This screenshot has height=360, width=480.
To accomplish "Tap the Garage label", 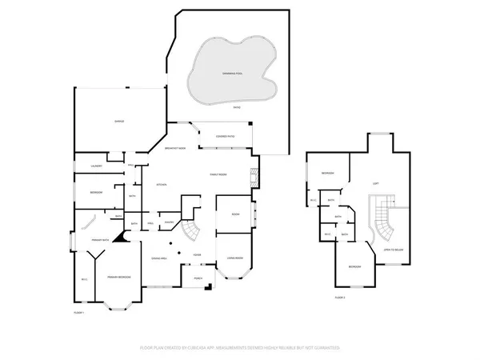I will coord(118,122).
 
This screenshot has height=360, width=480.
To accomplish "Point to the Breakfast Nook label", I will coord(174,149).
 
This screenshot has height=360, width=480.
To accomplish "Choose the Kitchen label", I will coord(159,185).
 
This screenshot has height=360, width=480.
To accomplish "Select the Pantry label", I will coord(169,222).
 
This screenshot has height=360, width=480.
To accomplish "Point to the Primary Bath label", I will coord(99,240).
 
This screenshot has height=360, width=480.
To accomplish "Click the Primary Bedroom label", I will coord(118,277).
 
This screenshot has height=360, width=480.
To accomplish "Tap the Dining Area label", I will coord(158,259).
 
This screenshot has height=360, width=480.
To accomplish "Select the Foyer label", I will coord(196,254).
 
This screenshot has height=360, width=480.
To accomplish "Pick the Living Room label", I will coord(234,258).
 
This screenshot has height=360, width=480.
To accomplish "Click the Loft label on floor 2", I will coord(375,183).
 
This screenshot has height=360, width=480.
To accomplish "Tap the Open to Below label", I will coord(393,250).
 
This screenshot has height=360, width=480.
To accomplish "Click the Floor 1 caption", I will coord(79,312).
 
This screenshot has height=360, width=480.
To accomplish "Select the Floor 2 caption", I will coord(339,297).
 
